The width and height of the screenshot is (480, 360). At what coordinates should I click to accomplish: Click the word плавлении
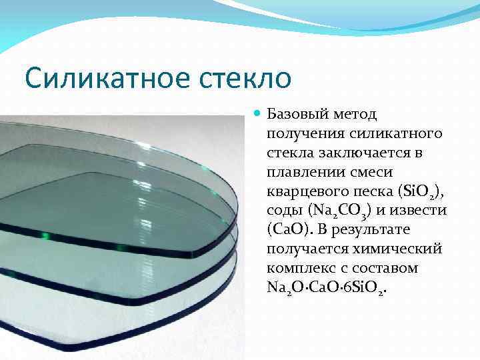(304, 172)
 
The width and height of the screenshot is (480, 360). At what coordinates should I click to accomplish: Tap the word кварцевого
(307, 191)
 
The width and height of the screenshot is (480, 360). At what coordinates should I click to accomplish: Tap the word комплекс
(300, 268)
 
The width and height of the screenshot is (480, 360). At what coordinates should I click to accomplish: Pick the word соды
(283, 211)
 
